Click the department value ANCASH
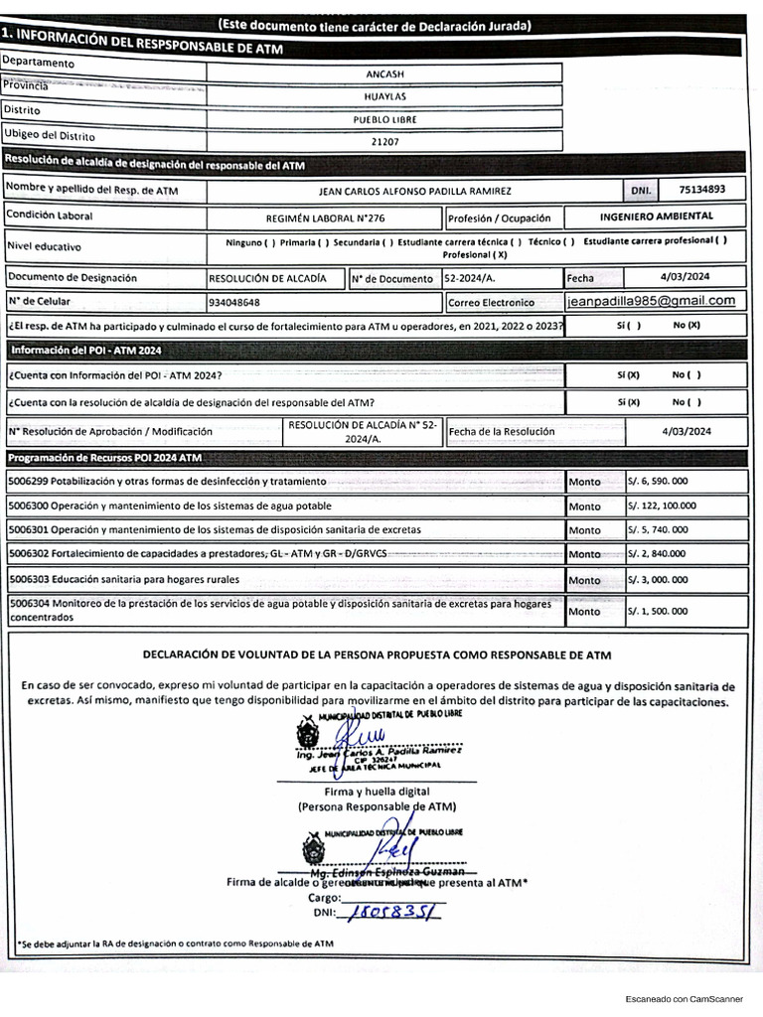point(384,73)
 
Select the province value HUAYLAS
point(384,96)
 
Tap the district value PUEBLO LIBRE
point(384,119)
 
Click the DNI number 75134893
point(701,189)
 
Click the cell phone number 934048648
point(235,302)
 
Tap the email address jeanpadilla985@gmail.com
point(651,301)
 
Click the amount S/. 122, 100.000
point(662,506)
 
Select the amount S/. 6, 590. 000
point(657,481)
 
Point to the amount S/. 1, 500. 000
point(657,612)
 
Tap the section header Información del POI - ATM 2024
point(85,350)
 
